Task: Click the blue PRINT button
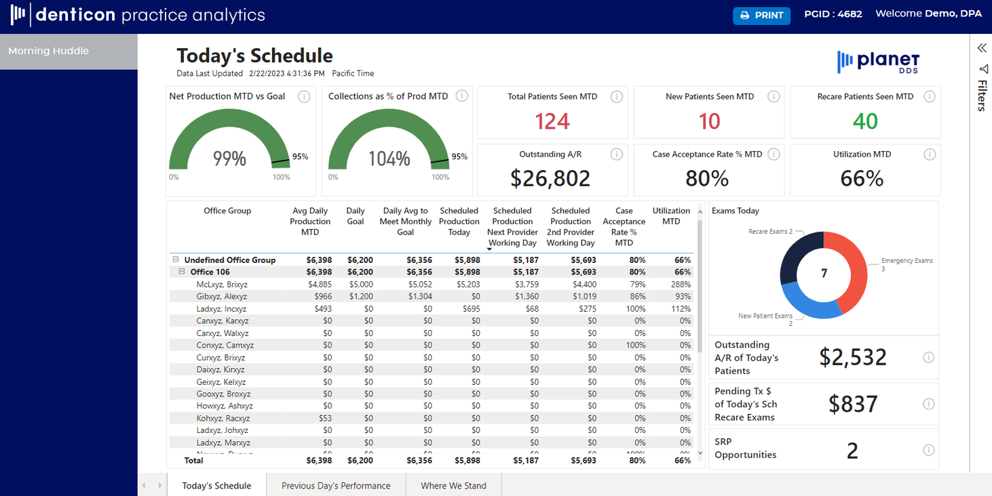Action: [761, 15]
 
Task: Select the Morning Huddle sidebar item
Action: [49, 51]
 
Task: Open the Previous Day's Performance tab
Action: [336, 485]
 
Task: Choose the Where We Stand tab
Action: [453, 485]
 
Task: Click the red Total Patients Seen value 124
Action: [552, 121]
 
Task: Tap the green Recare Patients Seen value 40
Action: [865, 121]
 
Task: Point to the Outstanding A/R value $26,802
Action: [550, 178]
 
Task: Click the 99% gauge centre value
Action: [229, 159]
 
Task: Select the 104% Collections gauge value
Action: [389, 159]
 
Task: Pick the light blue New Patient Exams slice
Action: [803, 302]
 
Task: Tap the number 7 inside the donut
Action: [824, 273]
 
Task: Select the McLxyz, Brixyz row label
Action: [222, 285]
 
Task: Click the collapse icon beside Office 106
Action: [182, 272]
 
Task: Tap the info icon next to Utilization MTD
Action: [930, 154]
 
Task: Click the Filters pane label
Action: [982, 95]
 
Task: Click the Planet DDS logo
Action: [879, 62]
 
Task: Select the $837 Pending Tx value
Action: [853, 404]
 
